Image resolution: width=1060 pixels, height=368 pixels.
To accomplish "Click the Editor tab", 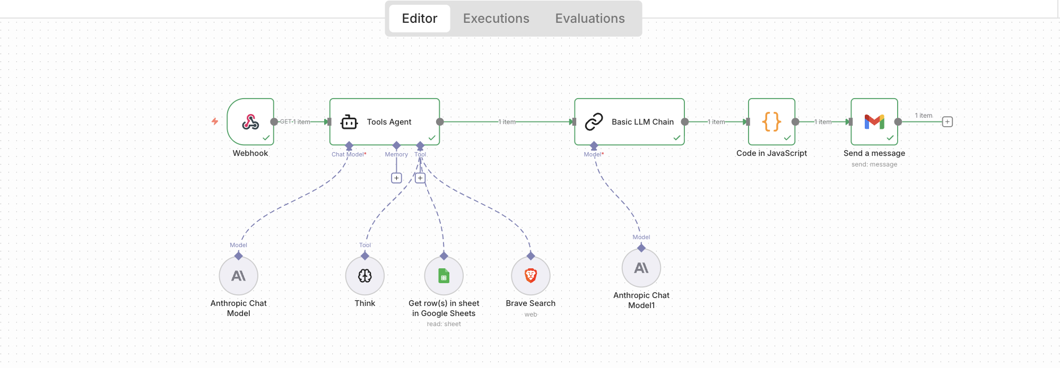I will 419,19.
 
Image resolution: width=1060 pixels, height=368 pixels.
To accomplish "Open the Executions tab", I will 496,19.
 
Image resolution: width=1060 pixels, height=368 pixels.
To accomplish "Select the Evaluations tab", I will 590,19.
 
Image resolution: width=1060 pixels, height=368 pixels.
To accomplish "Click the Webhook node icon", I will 250,122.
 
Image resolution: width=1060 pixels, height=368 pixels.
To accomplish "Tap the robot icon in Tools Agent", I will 349,122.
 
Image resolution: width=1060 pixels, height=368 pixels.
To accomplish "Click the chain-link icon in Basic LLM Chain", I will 594,122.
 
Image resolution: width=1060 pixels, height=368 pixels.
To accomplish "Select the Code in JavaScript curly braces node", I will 771,122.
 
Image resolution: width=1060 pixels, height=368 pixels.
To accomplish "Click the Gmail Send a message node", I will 874,122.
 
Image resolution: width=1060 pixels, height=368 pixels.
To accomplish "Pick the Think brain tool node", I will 365,276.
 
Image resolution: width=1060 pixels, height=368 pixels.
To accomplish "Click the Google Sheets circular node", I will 444,276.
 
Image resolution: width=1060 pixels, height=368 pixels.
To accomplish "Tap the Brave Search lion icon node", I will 531,276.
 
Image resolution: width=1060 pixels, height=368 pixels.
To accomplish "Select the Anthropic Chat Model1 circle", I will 641,268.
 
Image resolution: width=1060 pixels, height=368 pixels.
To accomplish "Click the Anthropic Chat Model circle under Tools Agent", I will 239,276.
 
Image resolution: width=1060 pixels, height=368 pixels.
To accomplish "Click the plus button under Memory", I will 396,178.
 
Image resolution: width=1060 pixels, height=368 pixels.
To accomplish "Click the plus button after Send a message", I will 948,122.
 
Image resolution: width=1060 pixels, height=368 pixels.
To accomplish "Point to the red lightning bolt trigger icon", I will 215,121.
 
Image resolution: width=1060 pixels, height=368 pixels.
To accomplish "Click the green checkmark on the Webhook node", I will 266,138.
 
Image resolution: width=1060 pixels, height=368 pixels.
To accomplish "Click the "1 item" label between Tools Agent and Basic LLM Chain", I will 507,122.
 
